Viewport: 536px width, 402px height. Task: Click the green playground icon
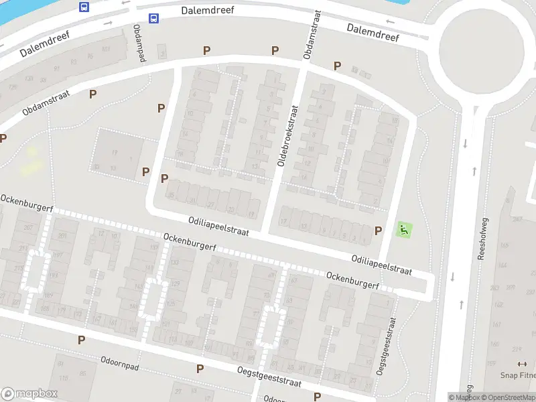pyautogui.click(x=403, y=230)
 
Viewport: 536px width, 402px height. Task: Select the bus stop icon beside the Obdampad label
pyautogui.click(x=153, y=19)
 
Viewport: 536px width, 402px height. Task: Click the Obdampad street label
pyautogui.click(x=139, y=42)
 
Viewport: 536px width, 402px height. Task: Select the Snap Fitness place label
pyautogui.click(x=517, y=376)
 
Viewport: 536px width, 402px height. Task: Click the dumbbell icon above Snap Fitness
pyautogui.click(x=523, y=364)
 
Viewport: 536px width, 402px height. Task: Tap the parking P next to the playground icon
pyautogui.click(x=379, y=230)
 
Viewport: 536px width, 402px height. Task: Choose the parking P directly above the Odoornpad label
pyautogui.click(x=81, y=340)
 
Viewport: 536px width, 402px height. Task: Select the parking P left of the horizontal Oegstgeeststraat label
pyautogui.click(x=200, y=368)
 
